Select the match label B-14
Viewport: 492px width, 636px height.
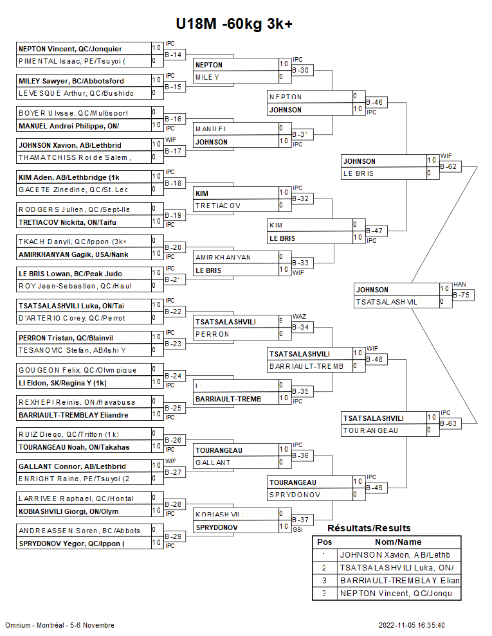[174, 55]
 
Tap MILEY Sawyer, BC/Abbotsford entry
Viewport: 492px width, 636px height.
[71, 81]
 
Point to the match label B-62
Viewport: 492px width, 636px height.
[449, 166]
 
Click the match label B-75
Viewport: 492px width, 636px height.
[462, 295]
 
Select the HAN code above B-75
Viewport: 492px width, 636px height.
[459, 284]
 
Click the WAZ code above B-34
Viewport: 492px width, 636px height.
[299, 317]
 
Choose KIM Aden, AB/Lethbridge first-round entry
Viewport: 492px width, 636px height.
[69, 177]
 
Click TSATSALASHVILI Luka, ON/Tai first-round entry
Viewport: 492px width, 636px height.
[71, 306]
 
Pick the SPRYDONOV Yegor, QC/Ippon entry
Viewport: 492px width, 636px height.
[71, 543]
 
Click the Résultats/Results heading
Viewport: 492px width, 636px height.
[369, 528]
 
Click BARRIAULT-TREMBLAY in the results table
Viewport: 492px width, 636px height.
[399, 581]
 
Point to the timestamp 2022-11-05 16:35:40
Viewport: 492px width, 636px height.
[412, 625]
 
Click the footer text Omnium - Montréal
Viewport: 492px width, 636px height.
[37, 625]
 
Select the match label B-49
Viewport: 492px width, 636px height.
[374, 488]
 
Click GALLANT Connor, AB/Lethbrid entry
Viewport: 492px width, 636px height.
[71, 466]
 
